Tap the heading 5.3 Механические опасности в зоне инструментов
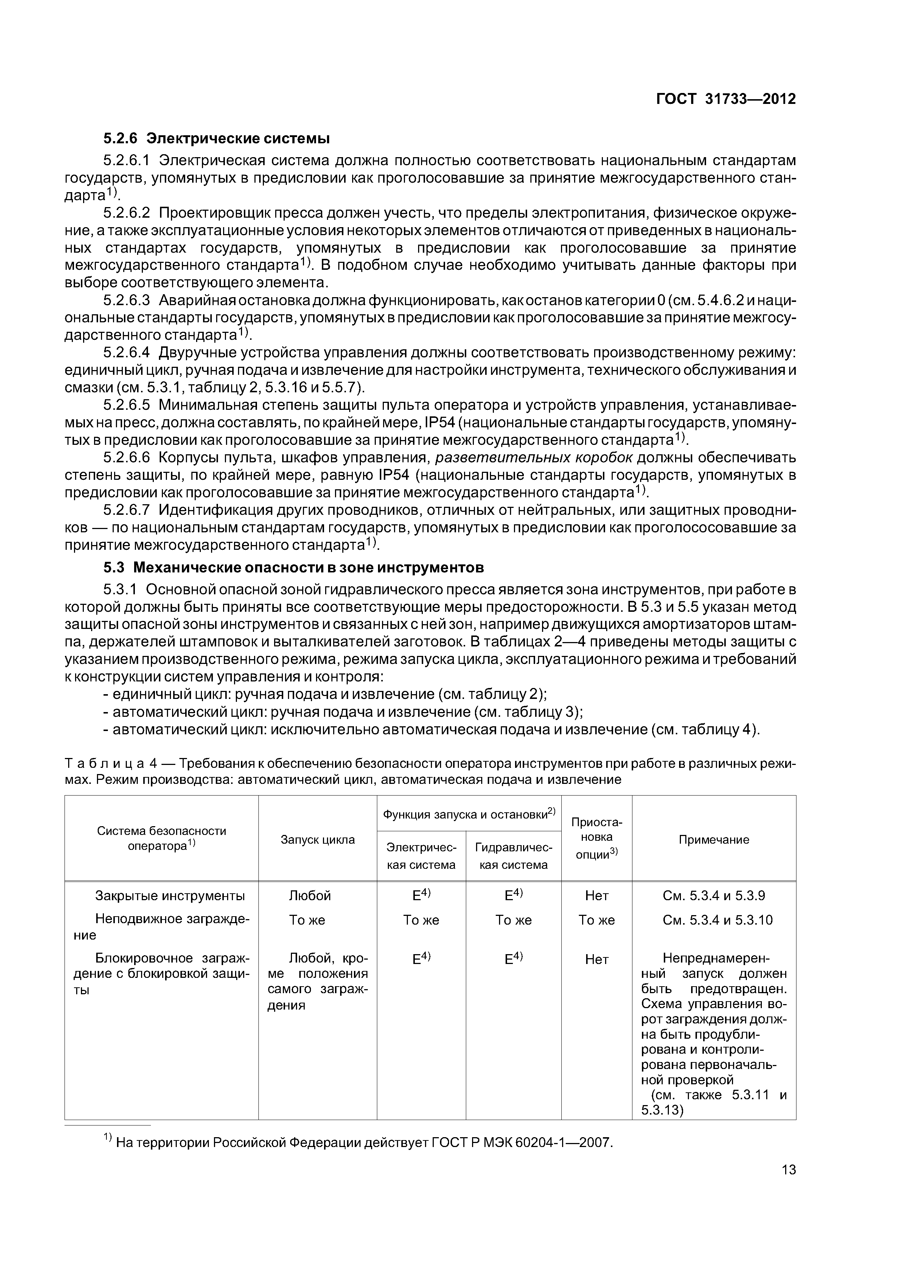click(x=293, y=568)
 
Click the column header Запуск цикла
click(x=317, y=840)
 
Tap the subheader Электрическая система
click(x=421, y=856)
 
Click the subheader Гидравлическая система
click(x=514, y=856)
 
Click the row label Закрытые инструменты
click(x=170, y=896)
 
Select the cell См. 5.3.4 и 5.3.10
click(x=717, y=920)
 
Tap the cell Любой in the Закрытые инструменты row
click(x=310, y=896)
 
